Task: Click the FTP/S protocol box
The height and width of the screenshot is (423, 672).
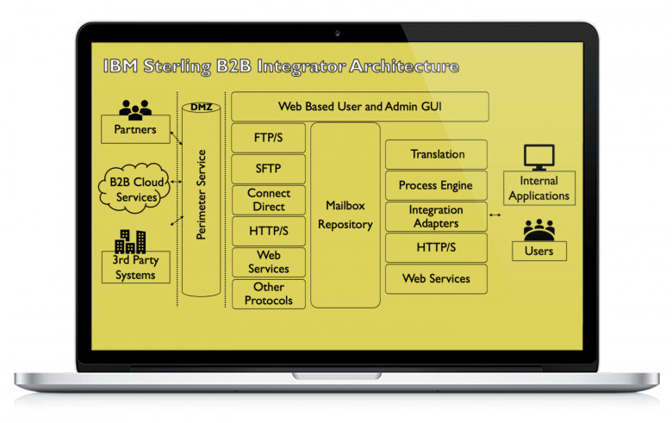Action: [268, 138]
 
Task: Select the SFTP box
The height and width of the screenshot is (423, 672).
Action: [268, 169]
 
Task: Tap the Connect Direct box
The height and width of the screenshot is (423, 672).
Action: [268, 200]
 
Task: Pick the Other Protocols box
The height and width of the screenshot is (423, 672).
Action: [268, 294]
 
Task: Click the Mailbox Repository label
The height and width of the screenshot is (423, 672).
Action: [345, 215]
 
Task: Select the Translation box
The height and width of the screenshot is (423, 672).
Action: [436, 154]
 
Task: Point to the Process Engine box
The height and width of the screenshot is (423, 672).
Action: [436, 185]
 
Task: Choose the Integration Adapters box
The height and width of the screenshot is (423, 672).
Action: [436, 216]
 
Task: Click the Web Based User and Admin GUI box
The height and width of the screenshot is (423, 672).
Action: [360, 106]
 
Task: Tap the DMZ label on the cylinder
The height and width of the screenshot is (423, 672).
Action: [202, 107]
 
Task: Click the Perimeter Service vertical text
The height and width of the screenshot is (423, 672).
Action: [201, 195]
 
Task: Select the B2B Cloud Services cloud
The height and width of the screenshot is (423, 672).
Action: [134, 188]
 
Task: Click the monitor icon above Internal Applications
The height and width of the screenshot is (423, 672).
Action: [539, 158]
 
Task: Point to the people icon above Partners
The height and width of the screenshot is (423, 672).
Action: [135, 109]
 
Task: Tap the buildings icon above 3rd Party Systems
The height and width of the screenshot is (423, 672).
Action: [130, 241]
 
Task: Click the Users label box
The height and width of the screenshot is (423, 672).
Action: [539, 252]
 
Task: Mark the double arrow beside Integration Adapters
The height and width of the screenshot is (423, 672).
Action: [495, 215]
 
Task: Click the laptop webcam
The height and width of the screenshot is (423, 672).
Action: [337, 33]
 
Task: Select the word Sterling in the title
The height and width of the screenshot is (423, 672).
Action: [177, 66]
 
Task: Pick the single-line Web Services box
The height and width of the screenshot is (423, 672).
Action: [436, 279]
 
